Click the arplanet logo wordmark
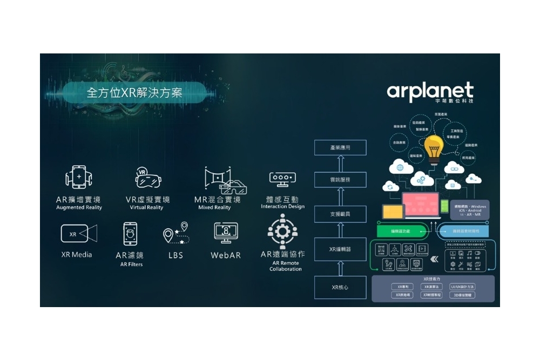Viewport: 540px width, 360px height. (x=430, y=91)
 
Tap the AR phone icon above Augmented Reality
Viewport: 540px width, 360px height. (x=79, y=177)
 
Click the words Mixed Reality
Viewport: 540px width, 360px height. (x=214, y=208)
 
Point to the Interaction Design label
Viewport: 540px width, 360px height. (x=282, y=207)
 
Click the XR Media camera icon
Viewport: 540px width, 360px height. (x=79, y=234)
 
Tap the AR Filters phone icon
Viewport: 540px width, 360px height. (x=130, y=234)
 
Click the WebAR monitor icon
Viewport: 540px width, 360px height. (x=226, y=234)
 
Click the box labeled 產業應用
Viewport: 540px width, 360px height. (x=340, y=147)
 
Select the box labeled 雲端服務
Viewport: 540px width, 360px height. (x=340, y=180)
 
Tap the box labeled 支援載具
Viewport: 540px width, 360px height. (x=340, y=214)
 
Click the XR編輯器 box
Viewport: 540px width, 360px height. (x=340, y=249)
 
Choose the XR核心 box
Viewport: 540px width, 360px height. (x=340, y=287)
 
